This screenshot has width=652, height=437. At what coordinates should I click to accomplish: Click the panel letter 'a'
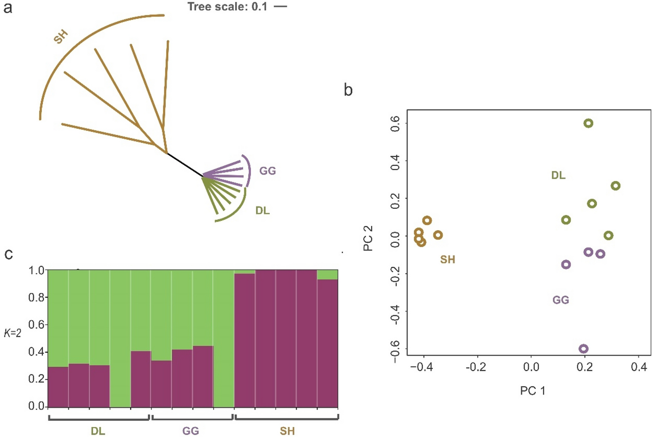(7, 7)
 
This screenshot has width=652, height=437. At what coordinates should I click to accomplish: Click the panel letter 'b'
(348, 90)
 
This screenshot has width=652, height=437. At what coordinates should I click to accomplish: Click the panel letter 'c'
(8, 254)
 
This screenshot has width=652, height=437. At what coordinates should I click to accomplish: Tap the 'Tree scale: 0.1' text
(227, 7)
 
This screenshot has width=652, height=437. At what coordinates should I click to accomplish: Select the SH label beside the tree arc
(61, 37)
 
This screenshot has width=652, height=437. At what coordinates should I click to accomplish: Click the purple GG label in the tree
(267, 171)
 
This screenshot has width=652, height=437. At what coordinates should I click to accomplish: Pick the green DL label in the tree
(262, 211)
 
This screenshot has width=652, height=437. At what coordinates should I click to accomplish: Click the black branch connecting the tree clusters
(185, 165)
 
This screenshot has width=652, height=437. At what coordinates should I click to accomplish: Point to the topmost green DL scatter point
(588, 123)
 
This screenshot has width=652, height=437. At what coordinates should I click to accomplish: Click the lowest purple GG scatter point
(584, 349)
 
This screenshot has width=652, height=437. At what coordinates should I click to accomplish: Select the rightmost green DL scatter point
(615, 186)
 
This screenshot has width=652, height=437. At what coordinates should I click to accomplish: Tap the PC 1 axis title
(532, 391)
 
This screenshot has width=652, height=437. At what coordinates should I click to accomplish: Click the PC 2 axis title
(368, 238)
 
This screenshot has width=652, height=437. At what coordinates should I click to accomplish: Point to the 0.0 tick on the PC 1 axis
(531, 367)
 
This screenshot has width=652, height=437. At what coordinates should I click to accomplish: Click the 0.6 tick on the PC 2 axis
(395, 123)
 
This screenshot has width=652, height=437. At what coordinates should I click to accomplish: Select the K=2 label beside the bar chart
(12, 333)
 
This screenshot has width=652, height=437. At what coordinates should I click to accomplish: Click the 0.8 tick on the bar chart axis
(36, 297)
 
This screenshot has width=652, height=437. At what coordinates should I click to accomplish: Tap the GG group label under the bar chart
(191, 431)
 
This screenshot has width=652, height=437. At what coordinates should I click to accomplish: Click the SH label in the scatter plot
(448, 260)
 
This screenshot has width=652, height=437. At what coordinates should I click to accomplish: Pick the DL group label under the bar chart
(98, 431)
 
